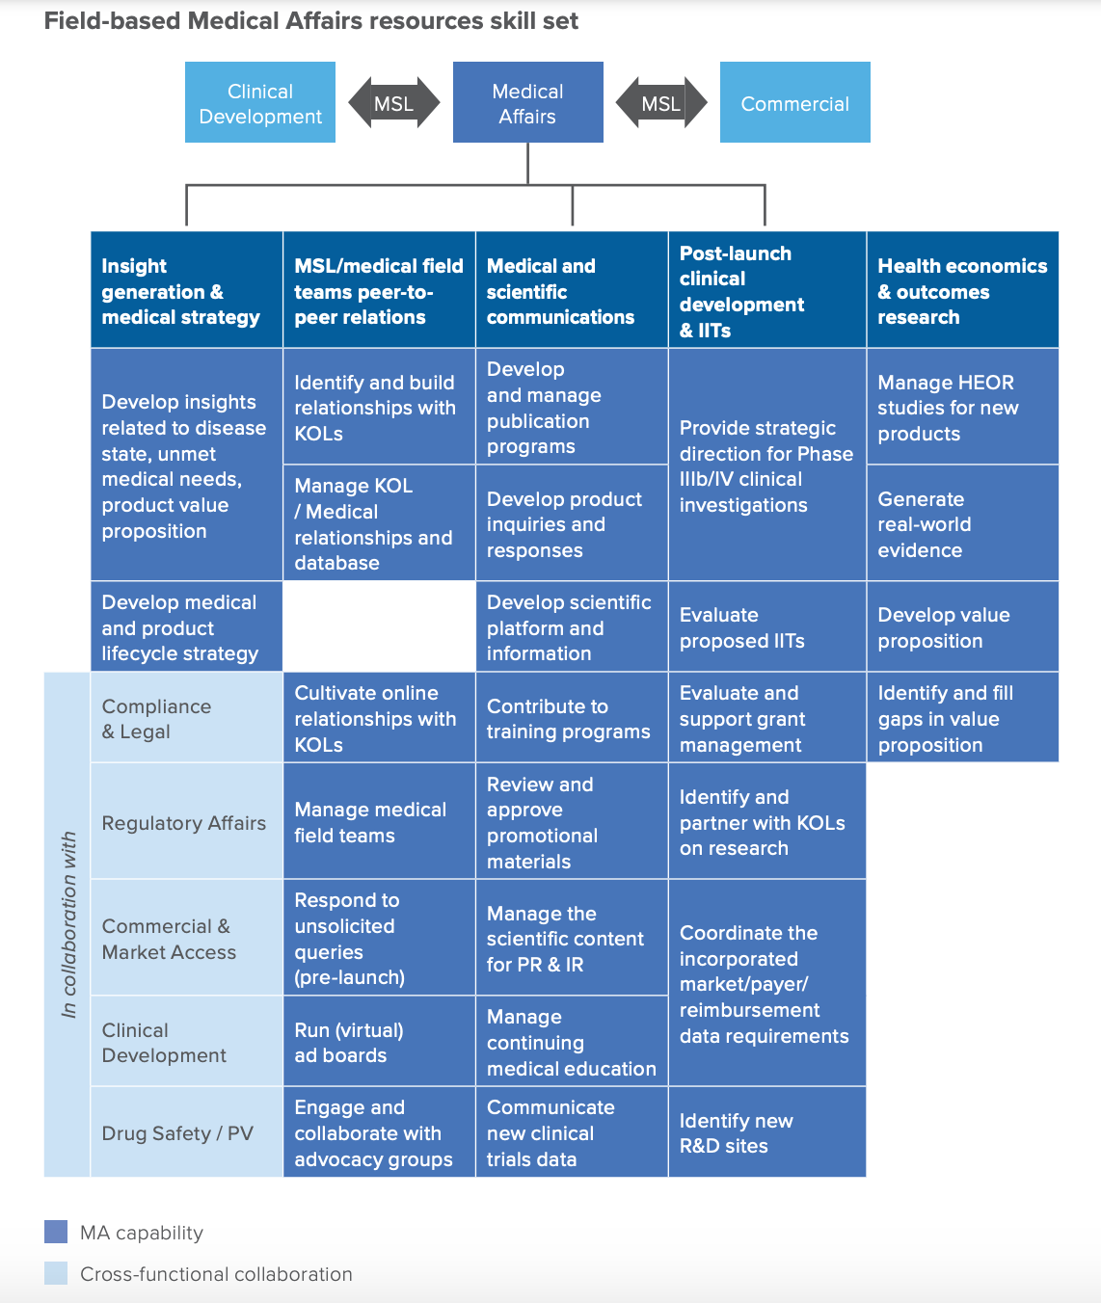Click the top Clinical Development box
point(259,102)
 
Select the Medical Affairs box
point(528,102)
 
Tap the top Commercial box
point(795,102)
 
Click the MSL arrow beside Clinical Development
point(394,102)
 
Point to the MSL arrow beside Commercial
point(661,102)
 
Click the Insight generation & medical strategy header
point(187,290)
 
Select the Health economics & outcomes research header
point(962,290)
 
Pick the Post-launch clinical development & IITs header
point(767,290)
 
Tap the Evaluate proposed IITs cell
point(767,626)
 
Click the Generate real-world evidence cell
point(962,523)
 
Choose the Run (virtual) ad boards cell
point(380,1042)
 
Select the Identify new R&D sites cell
point(767,1132)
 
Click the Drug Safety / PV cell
point(187,1132)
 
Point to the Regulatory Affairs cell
point(187,821)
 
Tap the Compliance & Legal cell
point(187,718)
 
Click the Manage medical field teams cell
point(380,821)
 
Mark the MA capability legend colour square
point(56,1232)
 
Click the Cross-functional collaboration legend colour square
point(56,1273)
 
